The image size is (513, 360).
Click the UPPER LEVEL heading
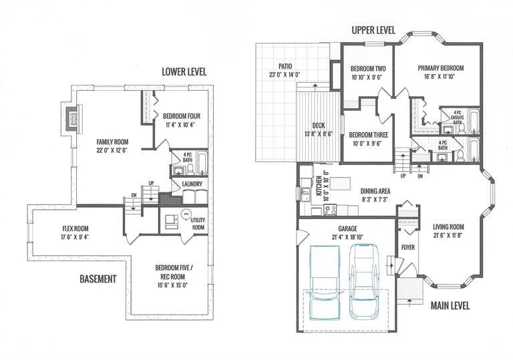(x=373, y=31)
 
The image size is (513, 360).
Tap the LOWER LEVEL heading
(x=184, y=72)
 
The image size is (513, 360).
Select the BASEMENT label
(x=98, y=279)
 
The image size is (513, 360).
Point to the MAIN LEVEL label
(x=450, y=306)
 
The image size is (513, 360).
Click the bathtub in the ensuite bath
(x=474, y=122)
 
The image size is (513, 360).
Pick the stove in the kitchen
(x=330, y=210)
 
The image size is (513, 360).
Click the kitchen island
(x=340, y=183)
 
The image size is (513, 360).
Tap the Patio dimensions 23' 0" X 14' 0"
(x=285, y=75)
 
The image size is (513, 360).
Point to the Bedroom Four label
(x=182, y=116)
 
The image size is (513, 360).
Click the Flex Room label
(x=75, y=229)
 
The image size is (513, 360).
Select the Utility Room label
(x=198, y=224)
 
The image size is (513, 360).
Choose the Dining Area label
(x=375, y=192)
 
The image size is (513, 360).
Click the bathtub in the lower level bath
(x=202, y=163)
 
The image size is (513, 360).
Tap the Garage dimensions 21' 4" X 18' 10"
(x=347, y=237)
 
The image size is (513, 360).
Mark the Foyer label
(x=408, y=248)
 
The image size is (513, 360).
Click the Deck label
(x=319, y=126)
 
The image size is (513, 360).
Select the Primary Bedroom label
(x=441, y=68)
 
